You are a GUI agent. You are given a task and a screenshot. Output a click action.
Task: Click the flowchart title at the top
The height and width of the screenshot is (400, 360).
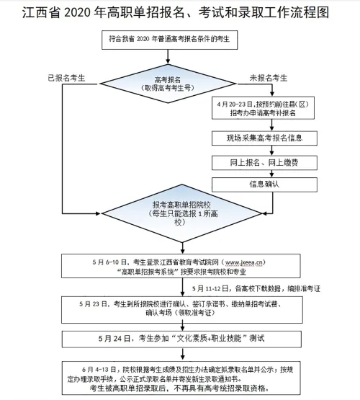point(180,14)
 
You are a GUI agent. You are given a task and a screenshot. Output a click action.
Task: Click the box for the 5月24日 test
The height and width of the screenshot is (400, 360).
point(180,337)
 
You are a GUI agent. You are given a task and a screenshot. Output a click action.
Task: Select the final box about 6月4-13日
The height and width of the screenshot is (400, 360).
point(180,376)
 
